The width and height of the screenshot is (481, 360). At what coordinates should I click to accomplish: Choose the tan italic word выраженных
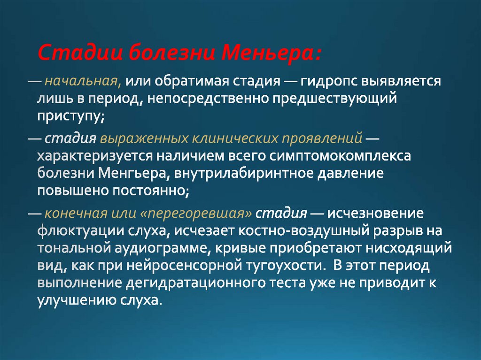coord(144,138)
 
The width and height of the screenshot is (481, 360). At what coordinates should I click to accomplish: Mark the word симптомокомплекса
coord(340,156)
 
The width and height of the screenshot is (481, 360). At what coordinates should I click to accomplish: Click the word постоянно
coord(150,191)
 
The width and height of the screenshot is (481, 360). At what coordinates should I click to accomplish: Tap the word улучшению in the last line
coord(77,300)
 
